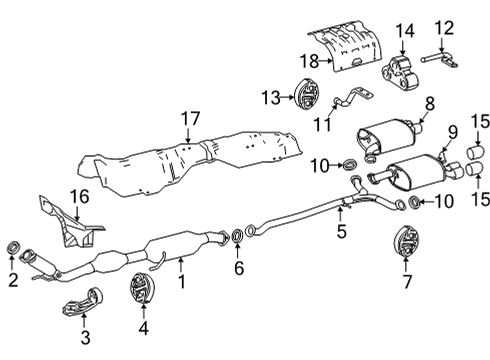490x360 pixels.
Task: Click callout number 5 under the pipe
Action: click(342, 234)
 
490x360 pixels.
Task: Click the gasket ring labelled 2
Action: click(14, 246)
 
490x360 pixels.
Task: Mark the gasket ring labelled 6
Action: click(237, 236)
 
